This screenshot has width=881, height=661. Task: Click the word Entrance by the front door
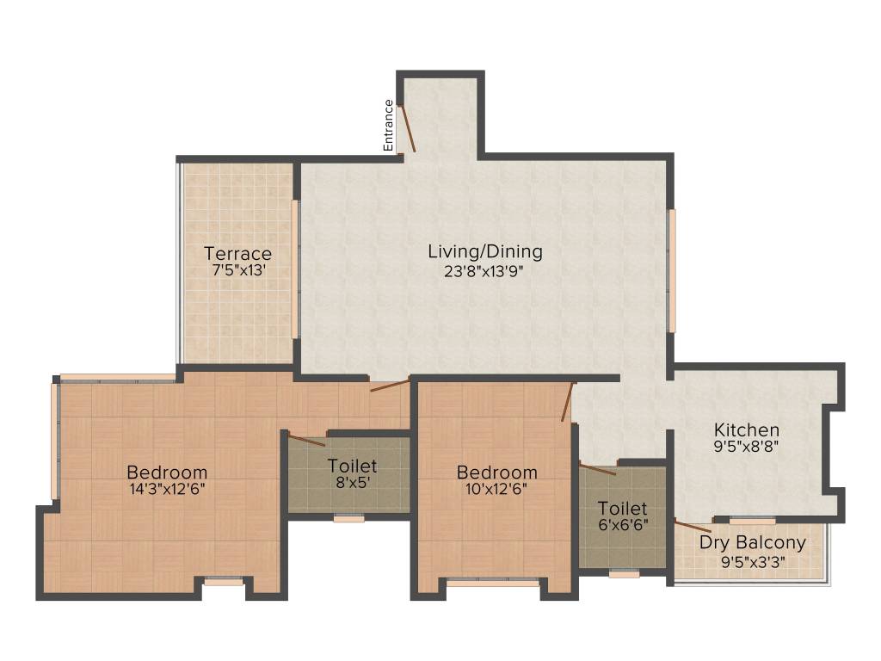389,126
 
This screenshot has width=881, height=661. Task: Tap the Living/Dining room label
485,251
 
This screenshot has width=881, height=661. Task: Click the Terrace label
237,253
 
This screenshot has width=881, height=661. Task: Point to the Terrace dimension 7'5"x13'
237,270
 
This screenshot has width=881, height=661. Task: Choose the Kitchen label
746,429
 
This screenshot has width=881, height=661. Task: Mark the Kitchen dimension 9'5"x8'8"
746,447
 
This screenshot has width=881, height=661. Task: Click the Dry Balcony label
752,543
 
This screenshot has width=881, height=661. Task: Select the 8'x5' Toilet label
352,466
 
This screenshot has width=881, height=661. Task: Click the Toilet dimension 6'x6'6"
622,524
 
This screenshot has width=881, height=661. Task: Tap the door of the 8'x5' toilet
306,441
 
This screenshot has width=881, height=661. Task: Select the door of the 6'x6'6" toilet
597,469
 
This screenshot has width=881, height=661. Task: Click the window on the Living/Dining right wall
672,269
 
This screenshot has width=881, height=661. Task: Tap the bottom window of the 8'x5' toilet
348,518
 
